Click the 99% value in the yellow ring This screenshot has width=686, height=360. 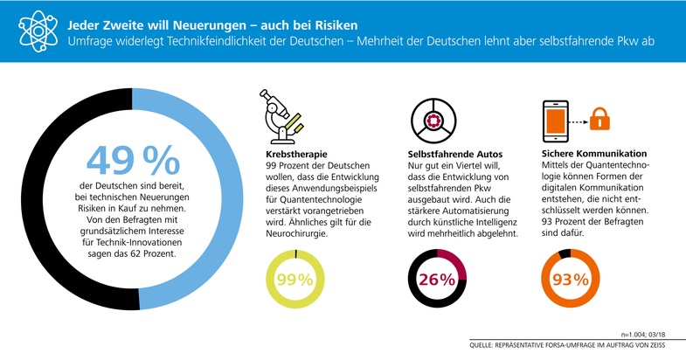pos(294,280)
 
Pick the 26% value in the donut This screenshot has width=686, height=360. pos(437,280)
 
